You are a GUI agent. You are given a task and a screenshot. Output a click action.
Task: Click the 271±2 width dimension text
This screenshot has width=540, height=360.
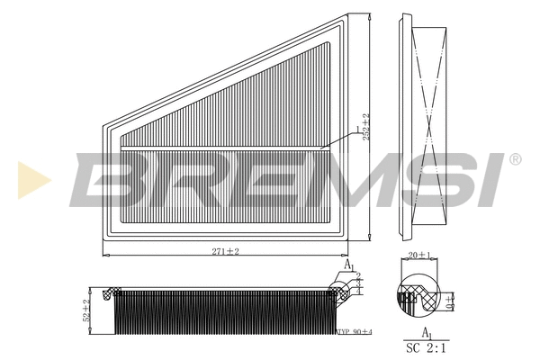[224, 251]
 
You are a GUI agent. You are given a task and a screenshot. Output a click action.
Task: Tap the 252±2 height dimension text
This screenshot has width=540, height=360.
[365, 129]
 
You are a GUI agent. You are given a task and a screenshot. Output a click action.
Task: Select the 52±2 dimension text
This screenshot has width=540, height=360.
[87, 310]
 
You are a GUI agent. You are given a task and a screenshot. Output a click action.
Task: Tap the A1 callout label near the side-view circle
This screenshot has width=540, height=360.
[349, 265]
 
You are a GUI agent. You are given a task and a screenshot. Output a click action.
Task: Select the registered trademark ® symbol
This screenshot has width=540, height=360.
[515, 159]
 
